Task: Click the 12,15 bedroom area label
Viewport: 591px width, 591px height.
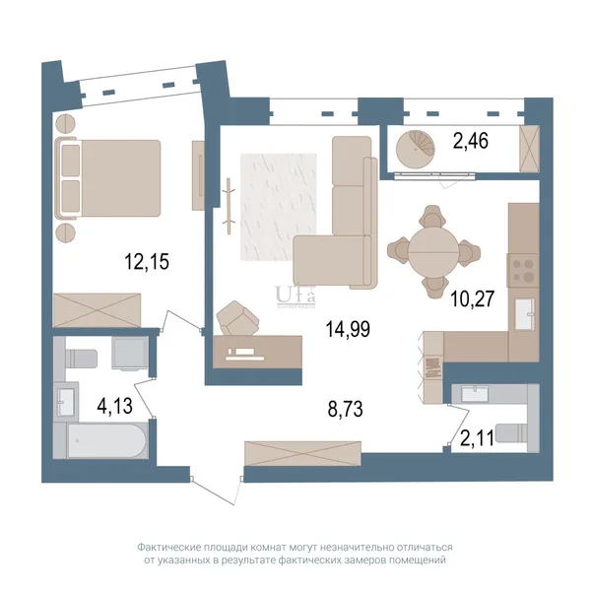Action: click(x=147, y=262)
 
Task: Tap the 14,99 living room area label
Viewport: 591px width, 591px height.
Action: click(x=348, y=329)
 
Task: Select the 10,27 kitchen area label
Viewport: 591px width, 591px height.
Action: click(x=472, y=298)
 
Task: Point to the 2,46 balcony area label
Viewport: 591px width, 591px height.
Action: click(x=471, y=141)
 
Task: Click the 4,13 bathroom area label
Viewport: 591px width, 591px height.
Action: click(x=115, y=406)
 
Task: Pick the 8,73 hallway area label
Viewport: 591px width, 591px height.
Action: click(x=346, y=409)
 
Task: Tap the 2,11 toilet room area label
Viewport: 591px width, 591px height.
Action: click(x=477, y=438)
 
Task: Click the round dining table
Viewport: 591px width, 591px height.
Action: click(x=433, y=251)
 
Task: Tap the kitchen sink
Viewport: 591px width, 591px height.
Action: click(x=524, y=314)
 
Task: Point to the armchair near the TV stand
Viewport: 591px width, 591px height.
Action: click(x=237, y=318)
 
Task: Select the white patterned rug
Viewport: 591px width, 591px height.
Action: click(x=279, y=207)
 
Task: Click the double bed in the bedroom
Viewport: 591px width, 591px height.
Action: click(x=107, y=178)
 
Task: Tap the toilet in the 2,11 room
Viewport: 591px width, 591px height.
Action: click(x=513, y=433)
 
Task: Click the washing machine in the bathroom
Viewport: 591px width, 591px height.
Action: click(x=130, y=354)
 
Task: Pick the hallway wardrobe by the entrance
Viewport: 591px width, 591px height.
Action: click(x=302, y=453)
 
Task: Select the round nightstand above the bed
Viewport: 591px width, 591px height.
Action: click(x=66, y=123)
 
